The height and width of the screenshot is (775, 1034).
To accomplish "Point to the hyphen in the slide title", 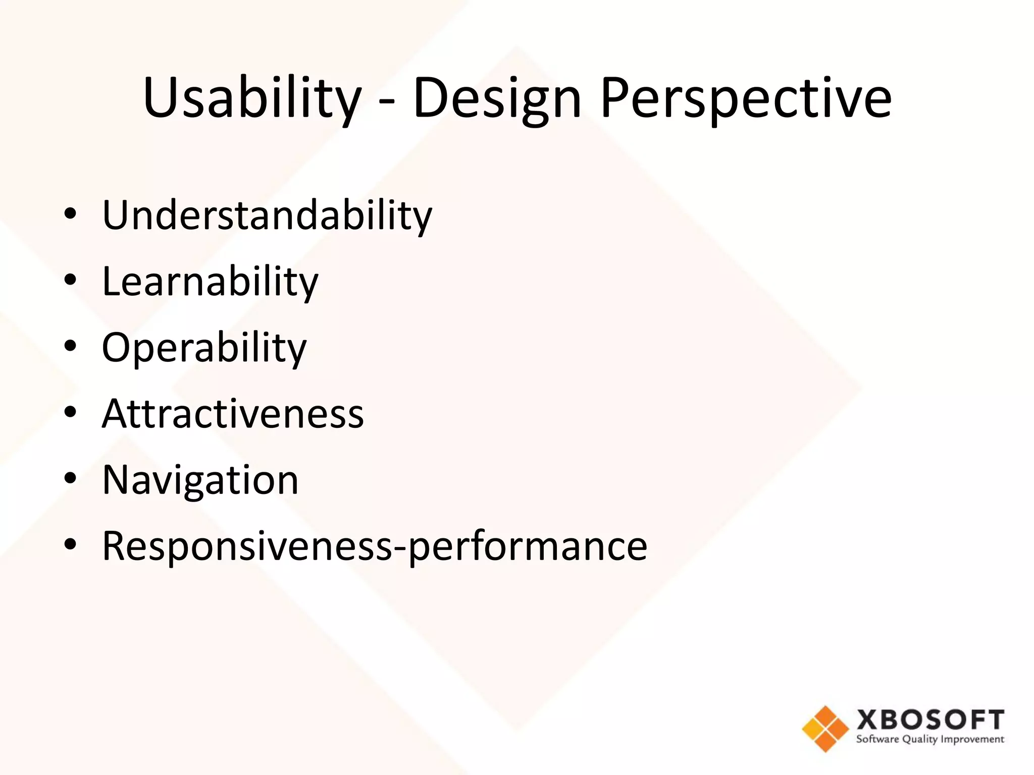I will [387, 103].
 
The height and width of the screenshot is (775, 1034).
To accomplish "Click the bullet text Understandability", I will [267, 216].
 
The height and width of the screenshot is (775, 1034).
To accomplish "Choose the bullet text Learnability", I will [210, 282].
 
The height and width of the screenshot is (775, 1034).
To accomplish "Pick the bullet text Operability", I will [204, 348].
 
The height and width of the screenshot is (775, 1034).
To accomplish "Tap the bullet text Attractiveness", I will [233, 414].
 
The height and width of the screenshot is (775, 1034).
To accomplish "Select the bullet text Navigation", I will [200, 480].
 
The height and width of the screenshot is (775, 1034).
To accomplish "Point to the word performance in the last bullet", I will [528, 546].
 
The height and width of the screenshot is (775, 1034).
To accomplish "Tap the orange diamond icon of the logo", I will [825, 729].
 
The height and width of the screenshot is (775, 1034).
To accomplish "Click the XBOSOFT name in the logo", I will [930, 720].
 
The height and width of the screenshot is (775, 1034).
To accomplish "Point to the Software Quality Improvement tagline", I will [930, 740].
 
